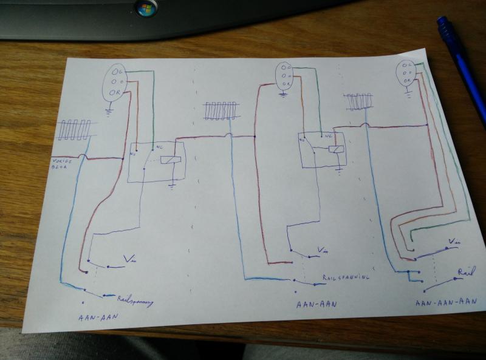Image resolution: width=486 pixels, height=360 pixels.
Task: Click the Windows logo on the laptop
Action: (146, 8)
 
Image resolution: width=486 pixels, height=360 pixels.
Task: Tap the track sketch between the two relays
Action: (220, 111)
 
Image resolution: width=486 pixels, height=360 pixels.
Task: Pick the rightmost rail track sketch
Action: (358, 101)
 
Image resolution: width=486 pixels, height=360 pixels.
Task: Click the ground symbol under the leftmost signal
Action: (109, 110)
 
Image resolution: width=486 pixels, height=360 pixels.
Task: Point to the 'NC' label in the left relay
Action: (160, 147)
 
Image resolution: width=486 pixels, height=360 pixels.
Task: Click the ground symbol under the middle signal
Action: (284, 94)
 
